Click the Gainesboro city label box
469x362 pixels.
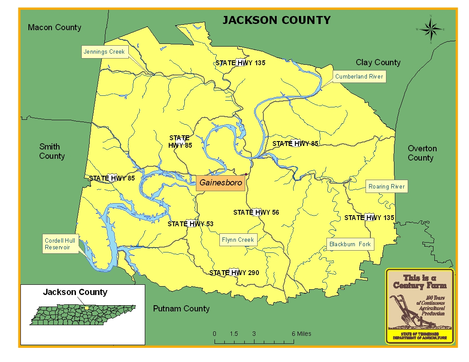220,183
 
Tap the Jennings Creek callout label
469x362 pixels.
104,52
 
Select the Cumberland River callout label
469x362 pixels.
359,77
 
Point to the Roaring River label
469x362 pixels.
386,187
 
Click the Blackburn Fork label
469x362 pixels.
350,244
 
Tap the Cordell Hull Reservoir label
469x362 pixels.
60,244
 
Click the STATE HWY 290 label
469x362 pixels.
234,272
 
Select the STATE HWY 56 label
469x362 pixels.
256,212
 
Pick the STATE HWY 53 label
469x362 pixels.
190,224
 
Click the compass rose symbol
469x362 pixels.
430,30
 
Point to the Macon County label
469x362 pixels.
55,28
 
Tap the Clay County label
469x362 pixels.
378,63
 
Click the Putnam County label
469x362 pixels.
181,309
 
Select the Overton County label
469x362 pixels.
422,153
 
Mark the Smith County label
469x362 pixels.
52,151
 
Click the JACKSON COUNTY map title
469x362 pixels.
276,20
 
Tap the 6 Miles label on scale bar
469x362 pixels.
301,334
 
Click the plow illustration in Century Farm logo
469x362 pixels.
405,310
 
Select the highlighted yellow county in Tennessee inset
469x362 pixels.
87,307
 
